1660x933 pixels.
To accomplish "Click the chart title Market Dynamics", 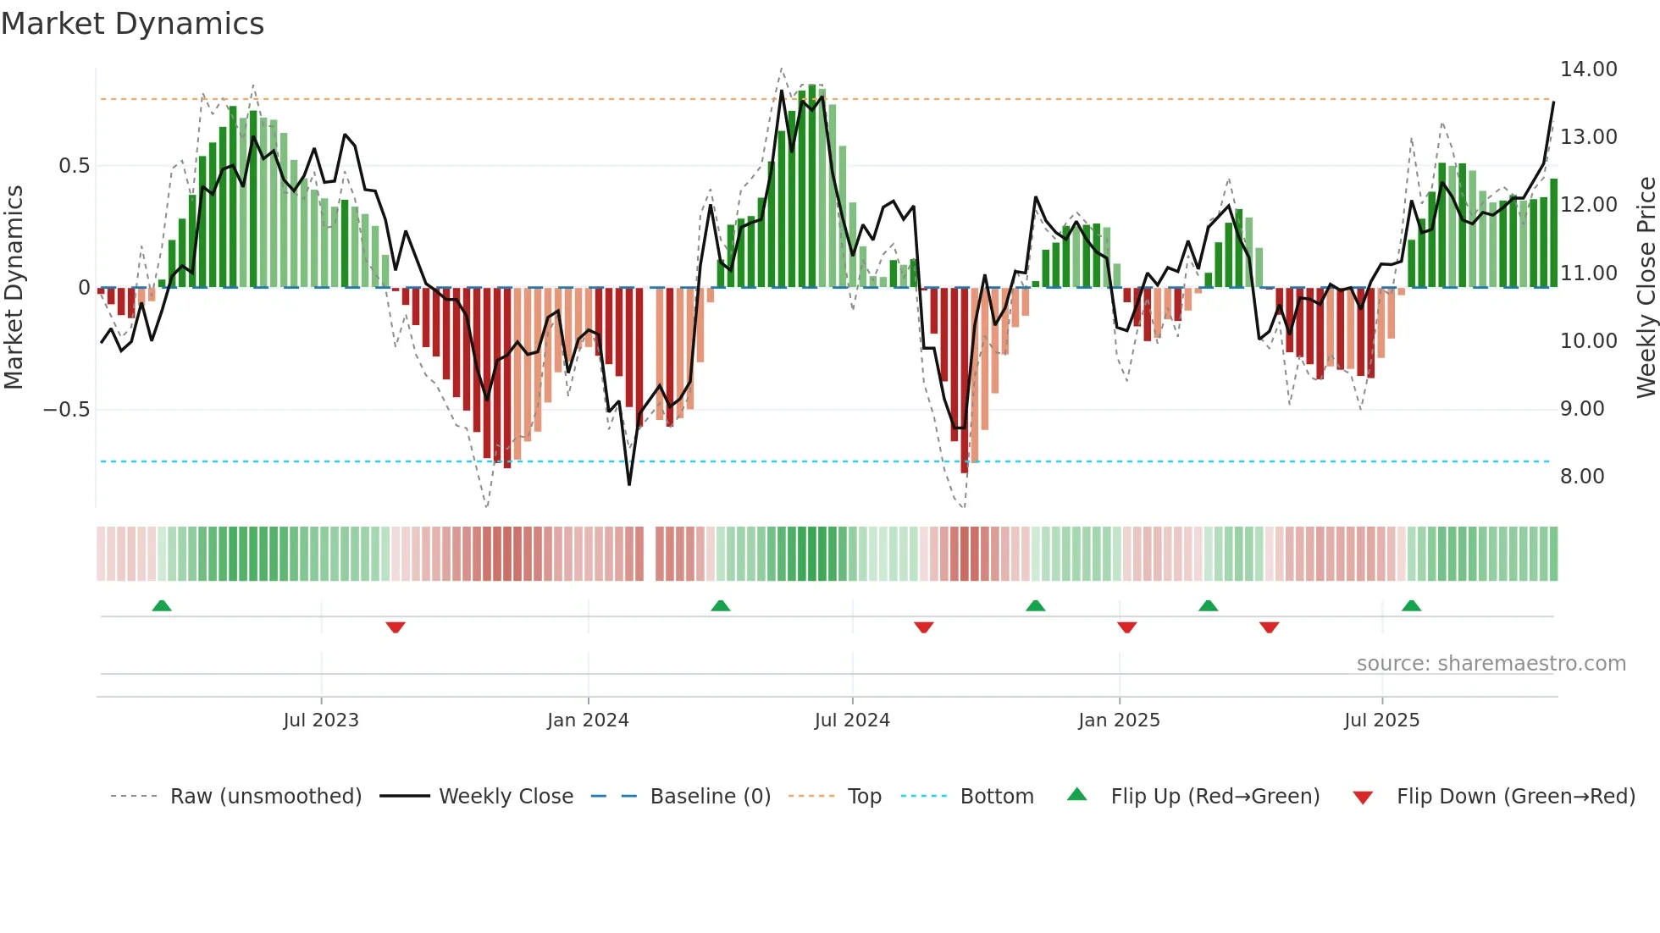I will (132, 24).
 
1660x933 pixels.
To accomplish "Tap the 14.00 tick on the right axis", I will (1588, 69).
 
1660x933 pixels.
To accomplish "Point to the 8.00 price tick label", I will (1581, 477).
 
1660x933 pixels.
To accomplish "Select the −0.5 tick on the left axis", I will (66, 410).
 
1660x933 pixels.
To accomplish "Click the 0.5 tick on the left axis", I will (74, 166).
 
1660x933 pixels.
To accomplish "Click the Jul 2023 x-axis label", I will (321, 720).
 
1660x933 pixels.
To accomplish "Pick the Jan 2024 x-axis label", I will (588, 720).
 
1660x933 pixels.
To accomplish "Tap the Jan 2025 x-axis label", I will (1119, 720).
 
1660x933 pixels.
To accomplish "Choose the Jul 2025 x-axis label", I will (1381, 720).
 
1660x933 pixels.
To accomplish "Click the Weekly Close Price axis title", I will (1646, 288).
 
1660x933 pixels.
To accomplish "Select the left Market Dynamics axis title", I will (14, 288).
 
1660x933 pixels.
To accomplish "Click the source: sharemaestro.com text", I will (1491, 664).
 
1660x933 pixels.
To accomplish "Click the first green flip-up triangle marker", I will (162, 605).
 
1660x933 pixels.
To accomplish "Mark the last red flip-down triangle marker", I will (1269, 627).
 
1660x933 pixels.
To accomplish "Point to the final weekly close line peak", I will (1553, 102).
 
